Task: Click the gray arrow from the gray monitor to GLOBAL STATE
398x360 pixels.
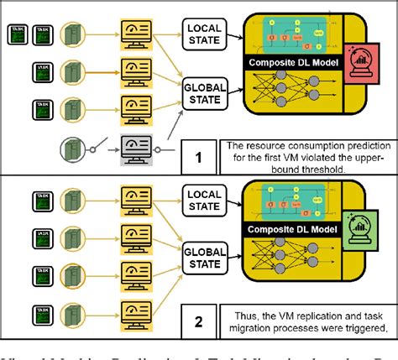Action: click(x=172, y=126)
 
